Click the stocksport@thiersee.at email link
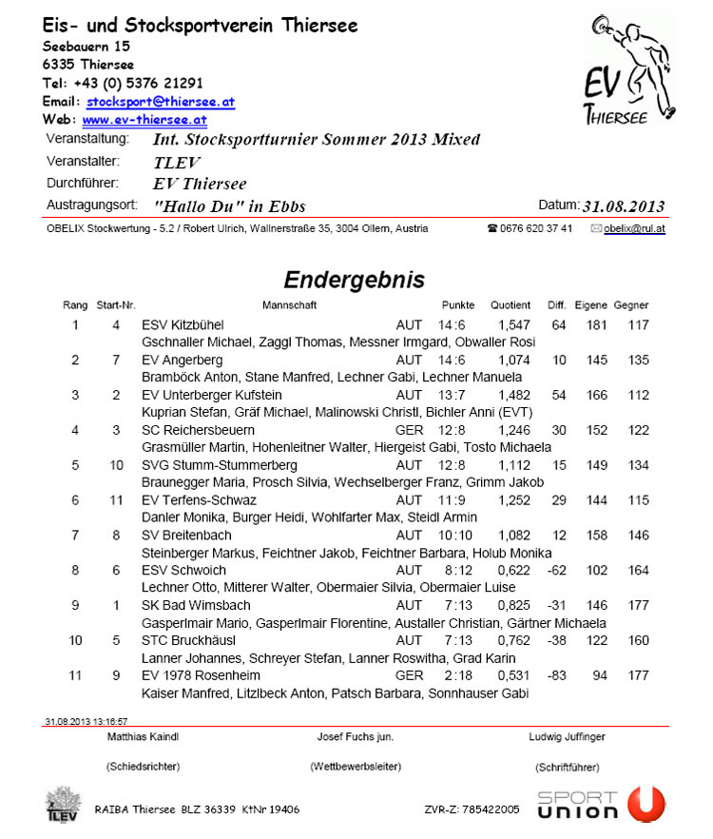point(161,101)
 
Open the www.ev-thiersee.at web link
point(145,120)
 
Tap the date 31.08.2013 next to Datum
point(624,206)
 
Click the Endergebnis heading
point(355,280)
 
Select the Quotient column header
point(511,305)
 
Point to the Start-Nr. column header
point(116,305)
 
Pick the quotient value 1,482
point(513,395)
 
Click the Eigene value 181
point(597,325)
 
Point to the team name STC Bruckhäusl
point(188,640)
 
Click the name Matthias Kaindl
point(144,737)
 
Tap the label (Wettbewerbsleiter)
point(356,766)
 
